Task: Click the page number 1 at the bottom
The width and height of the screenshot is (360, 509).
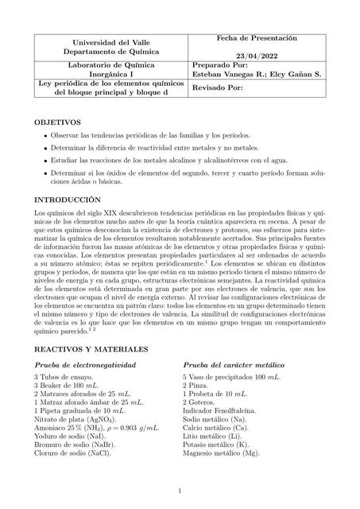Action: (x=180, y=491)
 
